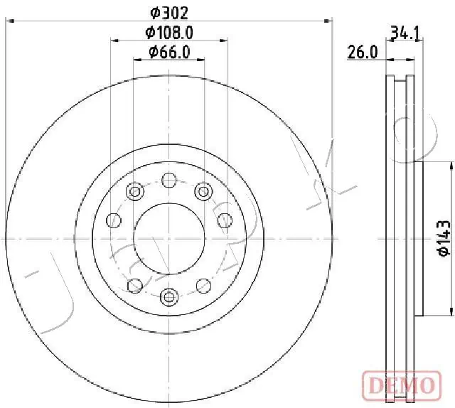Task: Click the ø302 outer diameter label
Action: click(x=169, y=11)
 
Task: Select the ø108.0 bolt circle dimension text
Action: click(x=169, y=32)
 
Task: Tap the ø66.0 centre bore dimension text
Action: click(x=169, y=51)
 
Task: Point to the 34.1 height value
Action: click(x=402, y=32)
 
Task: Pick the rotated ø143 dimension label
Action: click(x=441, y=238)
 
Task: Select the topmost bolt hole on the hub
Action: click(x=169, y=180)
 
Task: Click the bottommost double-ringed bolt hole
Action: click(x=169, y=296)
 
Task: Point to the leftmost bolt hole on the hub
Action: click(x=112, y=220)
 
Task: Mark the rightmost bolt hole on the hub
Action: click(x=225, y=220)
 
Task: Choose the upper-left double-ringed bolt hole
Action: click(x=134, y=190)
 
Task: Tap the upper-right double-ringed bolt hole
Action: click(x=205, y=190)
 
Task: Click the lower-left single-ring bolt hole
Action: click(x=134, y=286)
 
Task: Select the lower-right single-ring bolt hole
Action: click(x=205, y=286)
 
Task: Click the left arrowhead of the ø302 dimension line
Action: click(x=9, y=22)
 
